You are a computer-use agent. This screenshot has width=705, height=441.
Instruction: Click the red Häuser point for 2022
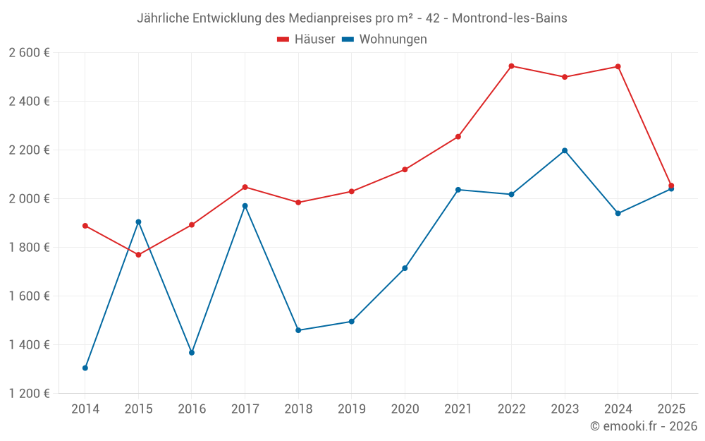pos(511,66)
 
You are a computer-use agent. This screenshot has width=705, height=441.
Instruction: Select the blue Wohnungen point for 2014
pos(85,368)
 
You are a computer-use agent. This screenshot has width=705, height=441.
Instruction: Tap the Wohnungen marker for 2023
pos(565,150)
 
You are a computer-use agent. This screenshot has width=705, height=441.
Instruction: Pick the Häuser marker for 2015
pos(138,255)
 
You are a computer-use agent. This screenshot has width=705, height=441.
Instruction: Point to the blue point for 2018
pos(298,330)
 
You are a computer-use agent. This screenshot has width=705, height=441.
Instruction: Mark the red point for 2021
pos(458,137)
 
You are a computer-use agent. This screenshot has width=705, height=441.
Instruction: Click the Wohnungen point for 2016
pos(192,352)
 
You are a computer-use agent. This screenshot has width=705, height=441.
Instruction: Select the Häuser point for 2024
pos(618,67)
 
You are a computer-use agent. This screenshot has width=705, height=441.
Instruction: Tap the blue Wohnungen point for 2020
pos(405,268)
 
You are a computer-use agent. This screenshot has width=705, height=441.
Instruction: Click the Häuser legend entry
pos(306,40)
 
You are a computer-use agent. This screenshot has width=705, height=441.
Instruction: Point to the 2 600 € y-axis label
pos(29,53)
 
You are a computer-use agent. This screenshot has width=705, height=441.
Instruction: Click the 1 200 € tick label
pos(29,394)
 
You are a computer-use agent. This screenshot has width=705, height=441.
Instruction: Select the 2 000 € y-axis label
pos(29,199)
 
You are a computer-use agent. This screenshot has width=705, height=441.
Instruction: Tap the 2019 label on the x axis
pos(351,409)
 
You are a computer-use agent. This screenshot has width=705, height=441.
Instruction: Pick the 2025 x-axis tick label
pos(670,409)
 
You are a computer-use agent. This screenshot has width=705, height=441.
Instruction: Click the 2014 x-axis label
pos(85,409)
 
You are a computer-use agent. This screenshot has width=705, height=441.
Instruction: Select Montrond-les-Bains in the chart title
pos(510,18)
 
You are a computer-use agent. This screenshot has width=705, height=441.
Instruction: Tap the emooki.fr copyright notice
pos(643,426)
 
